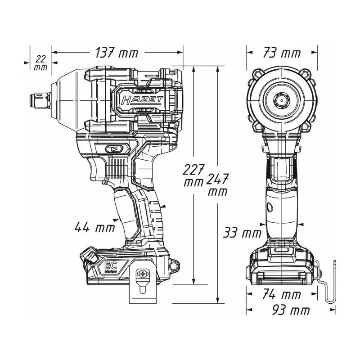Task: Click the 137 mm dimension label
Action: [x=117, y=53]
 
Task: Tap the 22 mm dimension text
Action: [x=40, y=63]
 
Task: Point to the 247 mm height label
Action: [x=217, y=184]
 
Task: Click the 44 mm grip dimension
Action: [x=94, y=227]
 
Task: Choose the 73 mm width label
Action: [x=282, y=53]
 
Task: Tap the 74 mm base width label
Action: [x=282, y=294]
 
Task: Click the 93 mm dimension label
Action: [x=291, y=310]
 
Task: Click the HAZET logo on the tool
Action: [x=142, y=100]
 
